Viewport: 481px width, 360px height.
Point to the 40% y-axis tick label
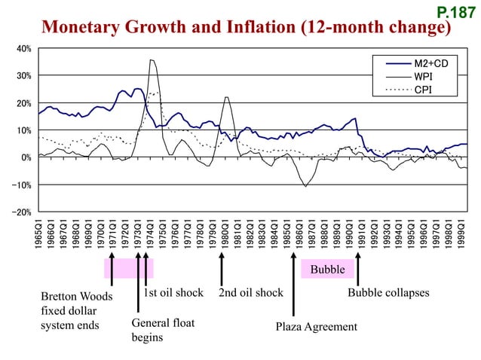(23, 48)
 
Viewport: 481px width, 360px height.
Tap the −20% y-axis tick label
(22, 212)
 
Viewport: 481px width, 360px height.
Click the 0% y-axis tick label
(26, 157)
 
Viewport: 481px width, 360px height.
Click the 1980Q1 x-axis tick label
(225, 234)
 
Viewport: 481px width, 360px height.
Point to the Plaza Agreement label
(316, 327)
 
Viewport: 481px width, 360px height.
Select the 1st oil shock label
(173, 292)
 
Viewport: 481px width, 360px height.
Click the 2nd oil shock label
(250, 292)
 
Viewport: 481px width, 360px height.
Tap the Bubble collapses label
(388, 292)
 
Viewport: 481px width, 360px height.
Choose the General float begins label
(163, 330)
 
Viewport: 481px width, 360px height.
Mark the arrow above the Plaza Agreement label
(293, 285)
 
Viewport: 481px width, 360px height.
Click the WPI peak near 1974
(152, 60)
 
